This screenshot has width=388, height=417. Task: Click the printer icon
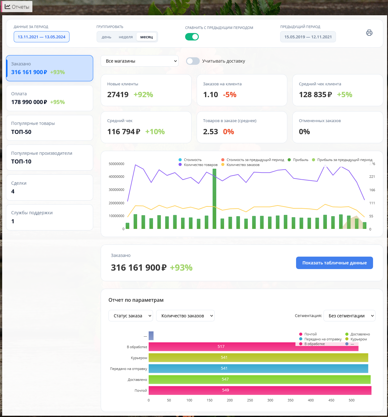pos(369,33)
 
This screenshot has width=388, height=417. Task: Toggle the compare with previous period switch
pos(192,37)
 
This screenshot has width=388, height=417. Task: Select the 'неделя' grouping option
pos(126,37)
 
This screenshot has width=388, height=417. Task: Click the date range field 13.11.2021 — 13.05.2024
pos(41,37)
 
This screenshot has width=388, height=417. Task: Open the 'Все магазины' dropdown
pos(140,61)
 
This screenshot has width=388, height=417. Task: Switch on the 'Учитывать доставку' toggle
pos(193,61)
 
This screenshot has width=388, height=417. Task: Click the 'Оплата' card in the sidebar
pos(49,98)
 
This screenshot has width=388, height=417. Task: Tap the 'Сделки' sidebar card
pos(49,187)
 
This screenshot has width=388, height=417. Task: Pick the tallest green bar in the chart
pos(214,199)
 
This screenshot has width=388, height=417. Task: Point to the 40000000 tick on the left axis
pos(117,177)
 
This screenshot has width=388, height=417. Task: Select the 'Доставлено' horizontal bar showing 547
pos(260,379)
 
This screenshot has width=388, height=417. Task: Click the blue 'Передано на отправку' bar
pos(258,368)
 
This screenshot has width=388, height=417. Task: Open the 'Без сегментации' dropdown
pos(349,315)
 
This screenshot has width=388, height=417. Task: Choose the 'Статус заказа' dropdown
pos(131,315)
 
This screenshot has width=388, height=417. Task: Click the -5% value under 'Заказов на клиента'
pos(229,94)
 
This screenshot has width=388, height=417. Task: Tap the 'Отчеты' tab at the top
pos(17,7)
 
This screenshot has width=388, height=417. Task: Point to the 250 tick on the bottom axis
pos(250,400)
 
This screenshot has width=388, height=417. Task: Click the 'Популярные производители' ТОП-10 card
pos(49,158)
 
